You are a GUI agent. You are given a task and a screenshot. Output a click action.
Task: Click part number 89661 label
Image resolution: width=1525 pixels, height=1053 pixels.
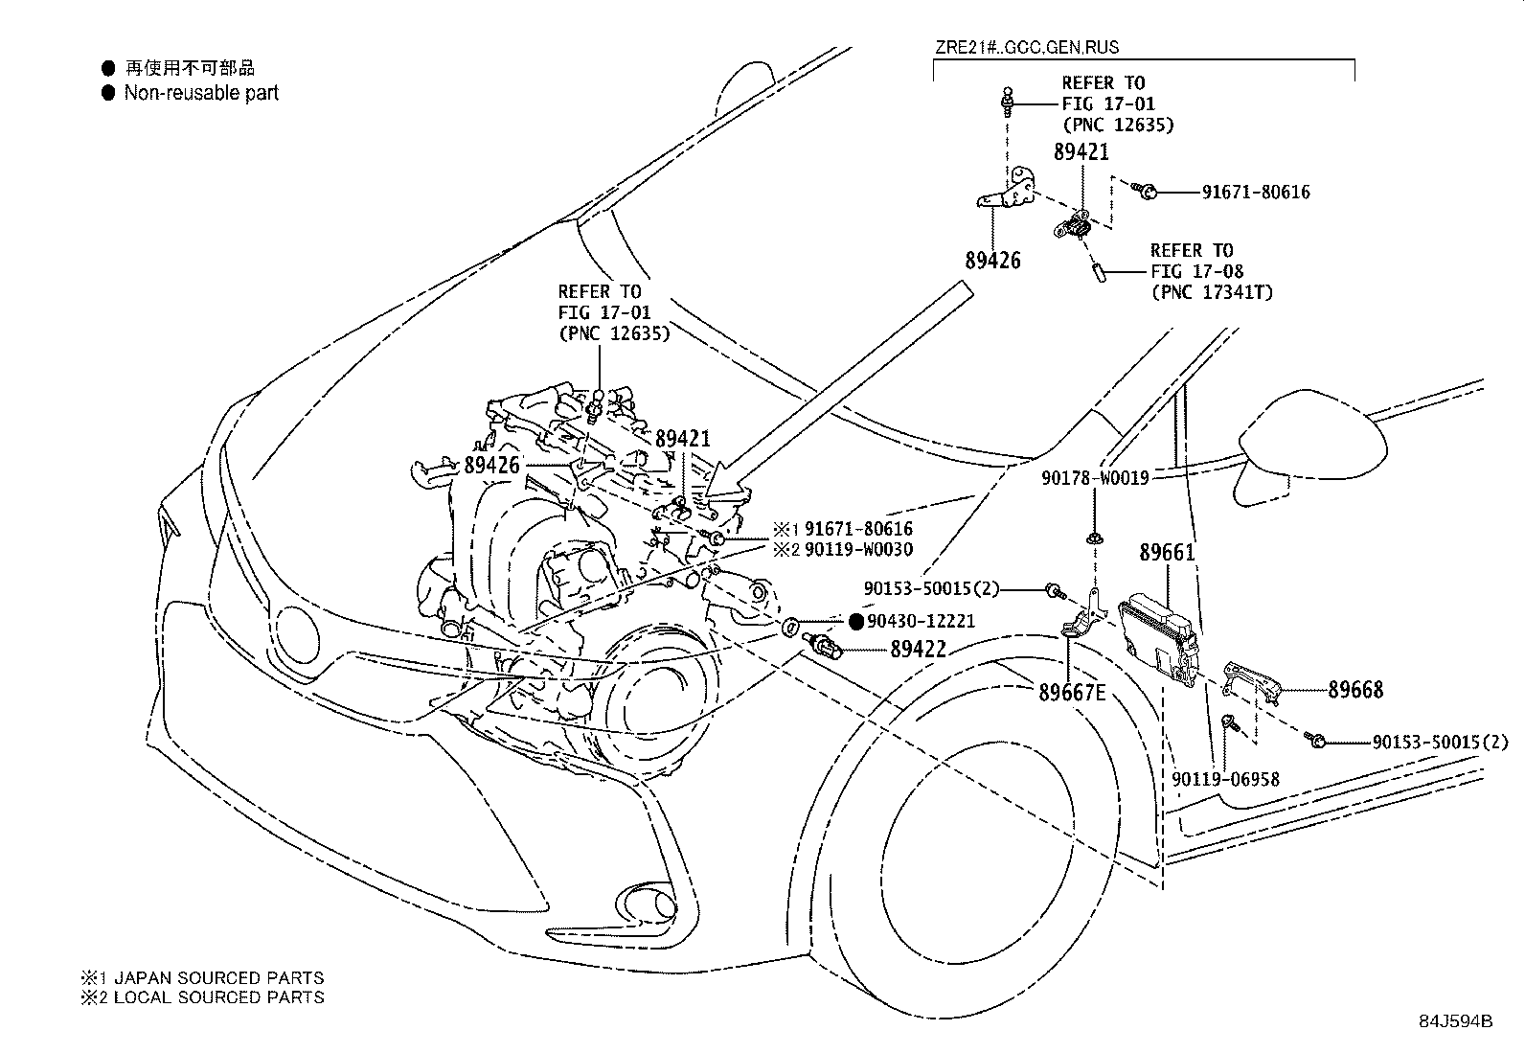[x=1167, y=553]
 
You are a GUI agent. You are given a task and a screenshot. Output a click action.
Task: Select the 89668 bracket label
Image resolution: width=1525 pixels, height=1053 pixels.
[x=1354, y=690]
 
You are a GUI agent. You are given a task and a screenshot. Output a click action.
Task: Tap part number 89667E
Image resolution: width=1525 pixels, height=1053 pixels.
[x=1072, y=692]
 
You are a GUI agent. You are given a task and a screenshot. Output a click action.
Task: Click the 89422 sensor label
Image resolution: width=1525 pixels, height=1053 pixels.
[x=918, y=650]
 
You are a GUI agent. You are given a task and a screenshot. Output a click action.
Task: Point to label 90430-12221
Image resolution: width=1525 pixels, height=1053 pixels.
[x=921, y=621]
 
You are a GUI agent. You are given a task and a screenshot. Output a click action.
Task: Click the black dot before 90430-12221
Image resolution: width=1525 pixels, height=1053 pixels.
[x=856, y=621]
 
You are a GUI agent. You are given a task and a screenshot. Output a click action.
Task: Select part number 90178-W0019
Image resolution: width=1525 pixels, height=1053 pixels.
[x=1096, y=476]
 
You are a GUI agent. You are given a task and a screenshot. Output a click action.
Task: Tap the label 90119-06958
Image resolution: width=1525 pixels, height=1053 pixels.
[x=1224, y=780]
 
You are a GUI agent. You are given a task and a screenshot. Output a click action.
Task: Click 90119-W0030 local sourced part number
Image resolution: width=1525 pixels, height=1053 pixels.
[x=858, y=550]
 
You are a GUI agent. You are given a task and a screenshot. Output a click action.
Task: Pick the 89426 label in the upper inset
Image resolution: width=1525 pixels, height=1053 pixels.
[x=992, y=261]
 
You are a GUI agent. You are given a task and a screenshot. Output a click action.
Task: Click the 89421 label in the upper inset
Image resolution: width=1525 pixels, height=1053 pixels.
[x=1081, y=152]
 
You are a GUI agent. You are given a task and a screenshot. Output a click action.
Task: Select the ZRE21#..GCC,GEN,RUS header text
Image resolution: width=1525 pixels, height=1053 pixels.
[x=1026, y=47]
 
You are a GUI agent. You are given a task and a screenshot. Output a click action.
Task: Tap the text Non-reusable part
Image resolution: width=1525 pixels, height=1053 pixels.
[x=201, y=93]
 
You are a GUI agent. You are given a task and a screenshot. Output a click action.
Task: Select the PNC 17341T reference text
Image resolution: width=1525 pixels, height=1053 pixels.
[x=1212, y=292]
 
